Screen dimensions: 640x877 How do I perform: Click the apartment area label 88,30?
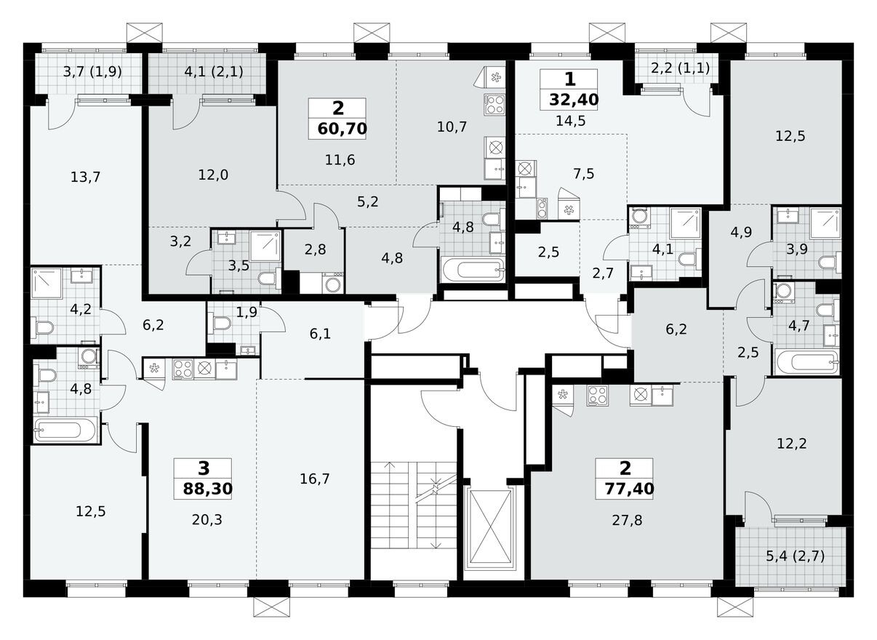[203, 489]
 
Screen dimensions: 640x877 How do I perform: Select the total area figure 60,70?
[342, 129]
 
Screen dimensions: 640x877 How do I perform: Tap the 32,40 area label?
[569, 100]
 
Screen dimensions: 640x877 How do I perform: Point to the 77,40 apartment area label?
[625, 489]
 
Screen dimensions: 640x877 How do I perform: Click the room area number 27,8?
[627, 519]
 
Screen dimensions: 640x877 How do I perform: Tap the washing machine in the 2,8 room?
[333, 283]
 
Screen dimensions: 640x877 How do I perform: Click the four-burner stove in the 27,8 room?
[598, 395]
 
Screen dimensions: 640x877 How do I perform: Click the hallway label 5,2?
[368, 201]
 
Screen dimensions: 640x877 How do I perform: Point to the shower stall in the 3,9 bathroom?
[825, 223]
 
